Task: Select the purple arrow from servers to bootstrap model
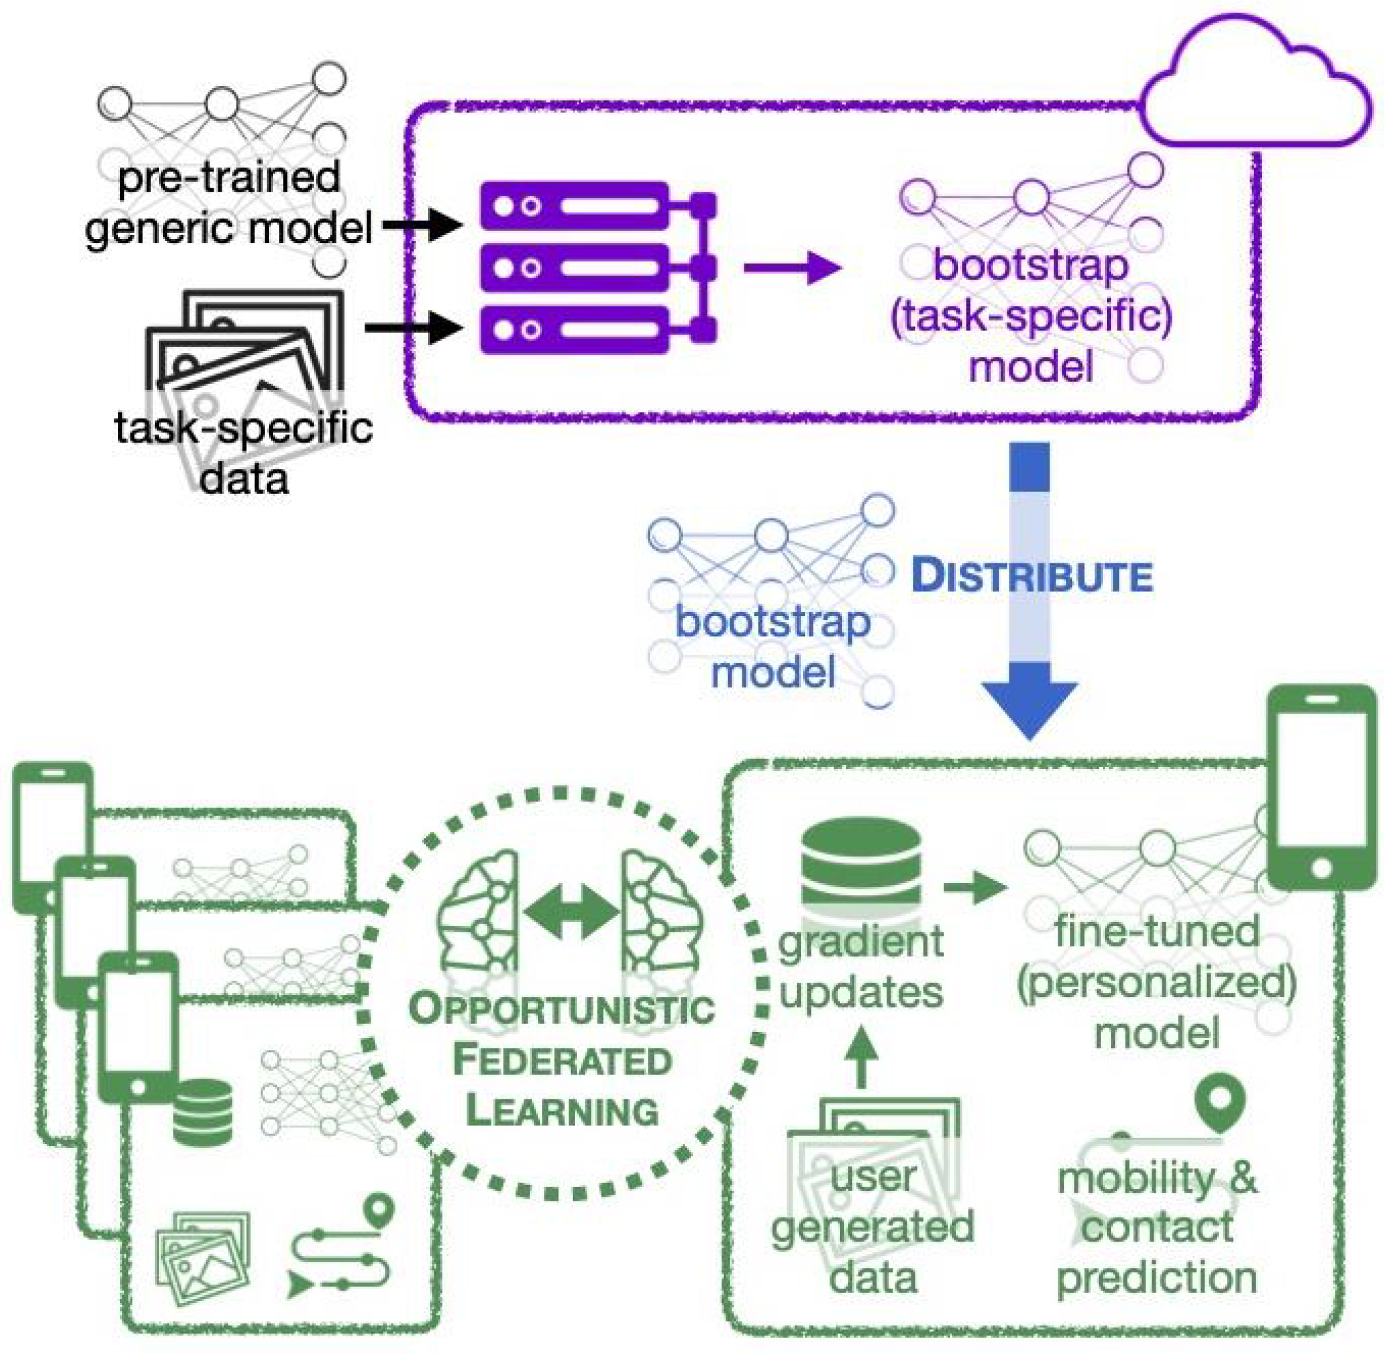(x=792, y=268)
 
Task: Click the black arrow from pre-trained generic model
(x=423, y=225)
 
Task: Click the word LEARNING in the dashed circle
(x=562, y=1112)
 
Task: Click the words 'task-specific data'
(x=244, y=453)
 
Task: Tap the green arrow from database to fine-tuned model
(x=975, y=888)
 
